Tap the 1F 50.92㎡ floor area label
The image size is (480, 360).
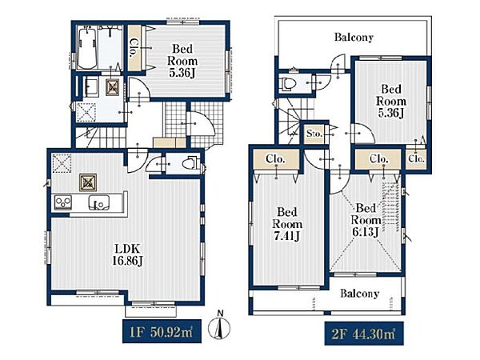click(162, 331)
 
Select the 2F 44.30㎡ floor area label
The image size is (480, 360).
click(364, 334)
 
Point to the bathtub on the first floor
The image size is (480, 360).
click(87, 48)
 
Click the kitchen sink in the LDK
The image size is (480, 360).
click(98, 202)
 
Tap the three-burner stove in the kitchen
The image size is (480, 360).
click(63, 202)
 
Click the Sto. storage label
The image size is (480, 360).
click(314, 134)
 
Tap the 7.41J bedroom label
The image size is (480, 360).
click(287, 224)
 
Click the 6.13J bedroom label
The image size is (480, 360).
click(366, 220)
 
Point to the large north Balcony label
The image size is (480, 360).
click(354, 38)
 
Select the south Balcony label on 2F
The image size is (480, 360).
click(360, 294)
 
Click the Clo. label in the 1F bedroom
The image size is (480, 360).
click(134, 48)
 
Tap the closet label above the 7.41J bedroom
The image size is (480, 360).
click(275, 159)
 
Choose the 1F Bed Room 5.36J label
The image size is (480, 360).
click(182, 61)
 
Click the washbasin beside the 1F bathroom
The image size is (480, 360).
click(90, 87)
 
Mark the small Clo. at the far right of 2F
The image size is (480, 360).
click(416, 159)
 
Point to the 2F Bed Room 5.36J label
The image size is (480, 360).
click(391, 101)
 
